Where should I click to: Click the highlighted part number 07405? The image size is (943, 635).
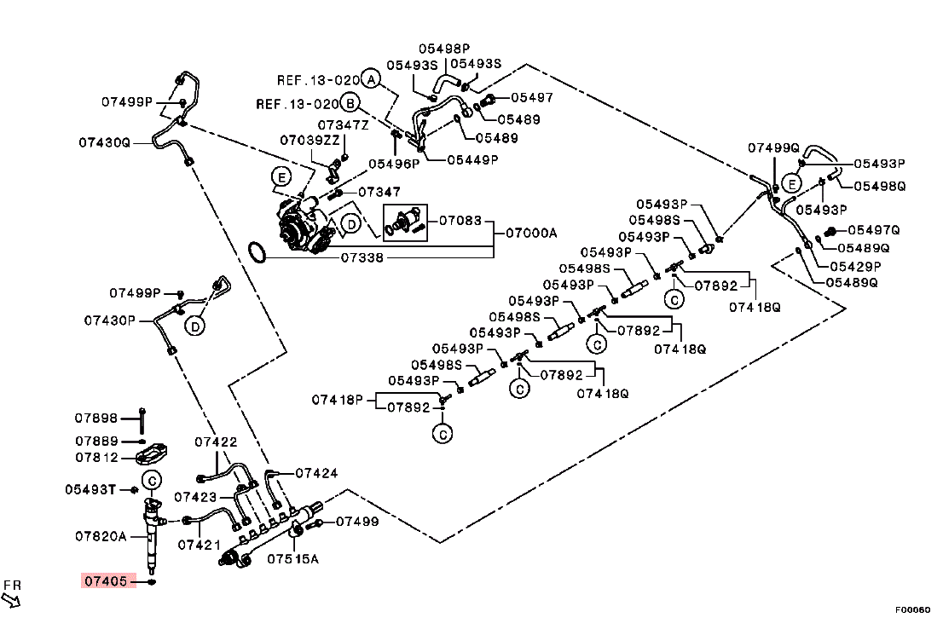[x=108, y=581]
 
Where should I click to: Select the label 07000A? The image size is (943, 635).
[x=531, y=233]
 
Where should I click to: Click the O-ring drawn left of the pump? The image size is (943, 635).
[x=257, y=251]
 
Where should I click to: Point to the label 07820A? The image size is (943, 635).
[x=100, y=536]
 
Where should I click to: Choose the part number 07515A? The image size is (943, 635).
[x=292, y=559]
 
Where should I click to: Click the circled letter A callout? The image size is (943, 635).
[x=369, y=79]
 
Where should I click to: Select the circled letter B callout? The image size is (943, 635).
[x=349, y=104]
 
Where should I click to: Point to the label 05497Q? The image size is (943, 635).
[x=873, y=230]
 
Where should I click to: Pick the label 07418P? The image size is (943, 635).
[x=337, y=399]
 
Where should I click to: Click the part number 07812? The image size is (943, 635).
[x=95, y=457]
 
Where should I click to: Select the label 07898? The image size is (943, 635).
[x=95, y=418]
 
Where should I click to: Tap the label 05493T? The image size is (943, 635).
[x=90, y=490]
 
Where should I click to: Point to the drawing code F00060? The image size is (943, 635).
[x=911, y=610]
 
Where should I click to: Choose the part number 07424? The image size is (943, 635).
[x=316, y=472]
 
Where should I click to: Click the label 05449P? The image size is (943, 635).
[x=472, y=159]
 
